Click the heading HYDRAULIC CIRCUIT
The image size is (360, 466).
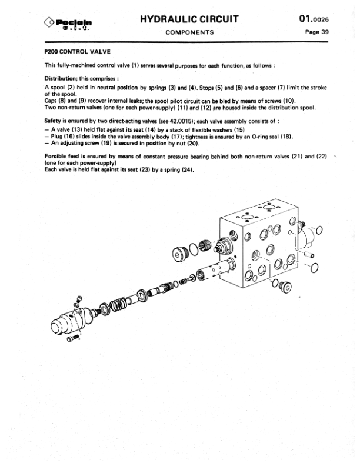pyautogui.click(x=189, y=19)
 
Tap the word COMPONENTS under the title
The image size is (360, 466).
pyautogui.click(x=189, y=32)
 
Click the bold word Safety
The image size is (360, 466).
pyautogui.click(x=54, y=119)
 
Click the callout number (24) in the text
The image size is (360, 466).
pyautogui.click(x=187, y=171)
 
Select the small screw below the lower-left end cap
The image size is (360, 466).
pyautogui.click(x=74, y=339)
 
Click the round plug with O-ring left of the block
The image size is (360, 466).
pyautogui.click(x=181, y=254)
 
